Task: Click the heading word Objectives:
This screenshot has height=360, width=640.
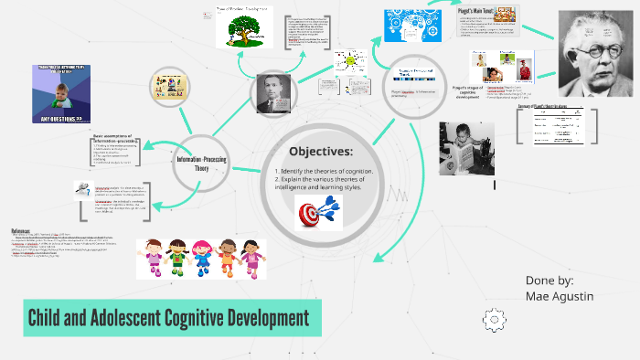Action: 320,151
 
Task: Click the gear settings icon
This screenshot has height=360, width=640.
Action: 494,318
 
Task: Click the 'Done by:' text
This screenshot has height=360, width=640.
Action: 550,280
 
